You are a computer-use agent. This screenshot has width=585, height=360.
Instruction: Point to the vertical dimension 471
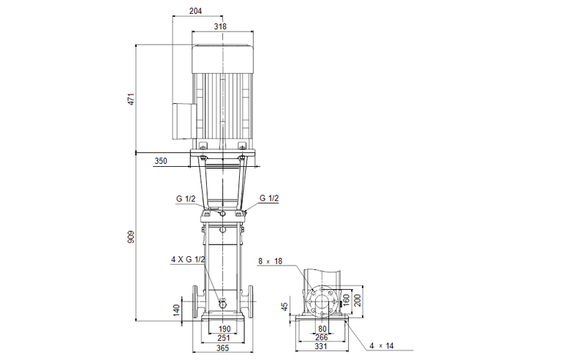(x=132, y=99)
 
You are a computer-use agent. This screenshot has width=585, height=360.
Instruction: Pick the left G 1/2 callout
(x=185, y=198)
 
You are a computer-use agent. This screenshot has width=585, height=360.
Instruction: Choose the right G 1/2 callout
(x=268, y=198)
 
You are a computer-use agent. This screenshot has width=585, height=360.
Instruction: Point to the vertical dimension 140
(x=175, y=310)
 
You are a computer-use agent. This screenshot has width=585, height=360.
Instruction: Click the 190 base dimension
(x=224, y=330)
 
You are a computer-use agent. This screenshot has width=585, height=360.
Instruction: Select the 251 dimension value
(x=224, y=340)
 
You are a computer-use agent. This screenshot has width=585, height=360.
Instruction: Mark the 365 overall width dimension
(x=224, y=350)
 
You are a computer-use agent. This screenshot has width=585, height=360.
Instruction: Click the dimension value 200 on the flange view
(x=358, y=300)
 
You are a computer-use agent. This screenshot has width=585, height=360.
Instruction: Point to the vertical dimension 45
(x=286, y=307)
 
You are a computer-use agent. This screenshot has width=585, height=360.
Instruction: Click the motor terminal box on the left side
(x=182, y=120)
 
